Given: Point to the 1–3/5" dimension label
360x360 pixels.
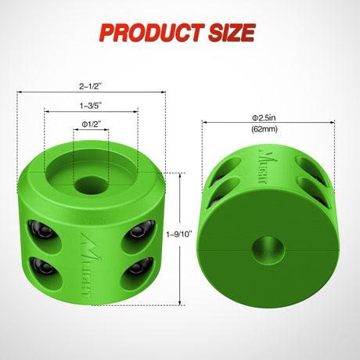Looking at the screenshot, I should click(x=91, y=104).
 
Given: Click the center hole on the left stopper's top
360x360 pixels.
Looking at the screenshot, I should click(x=92, y=185).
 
